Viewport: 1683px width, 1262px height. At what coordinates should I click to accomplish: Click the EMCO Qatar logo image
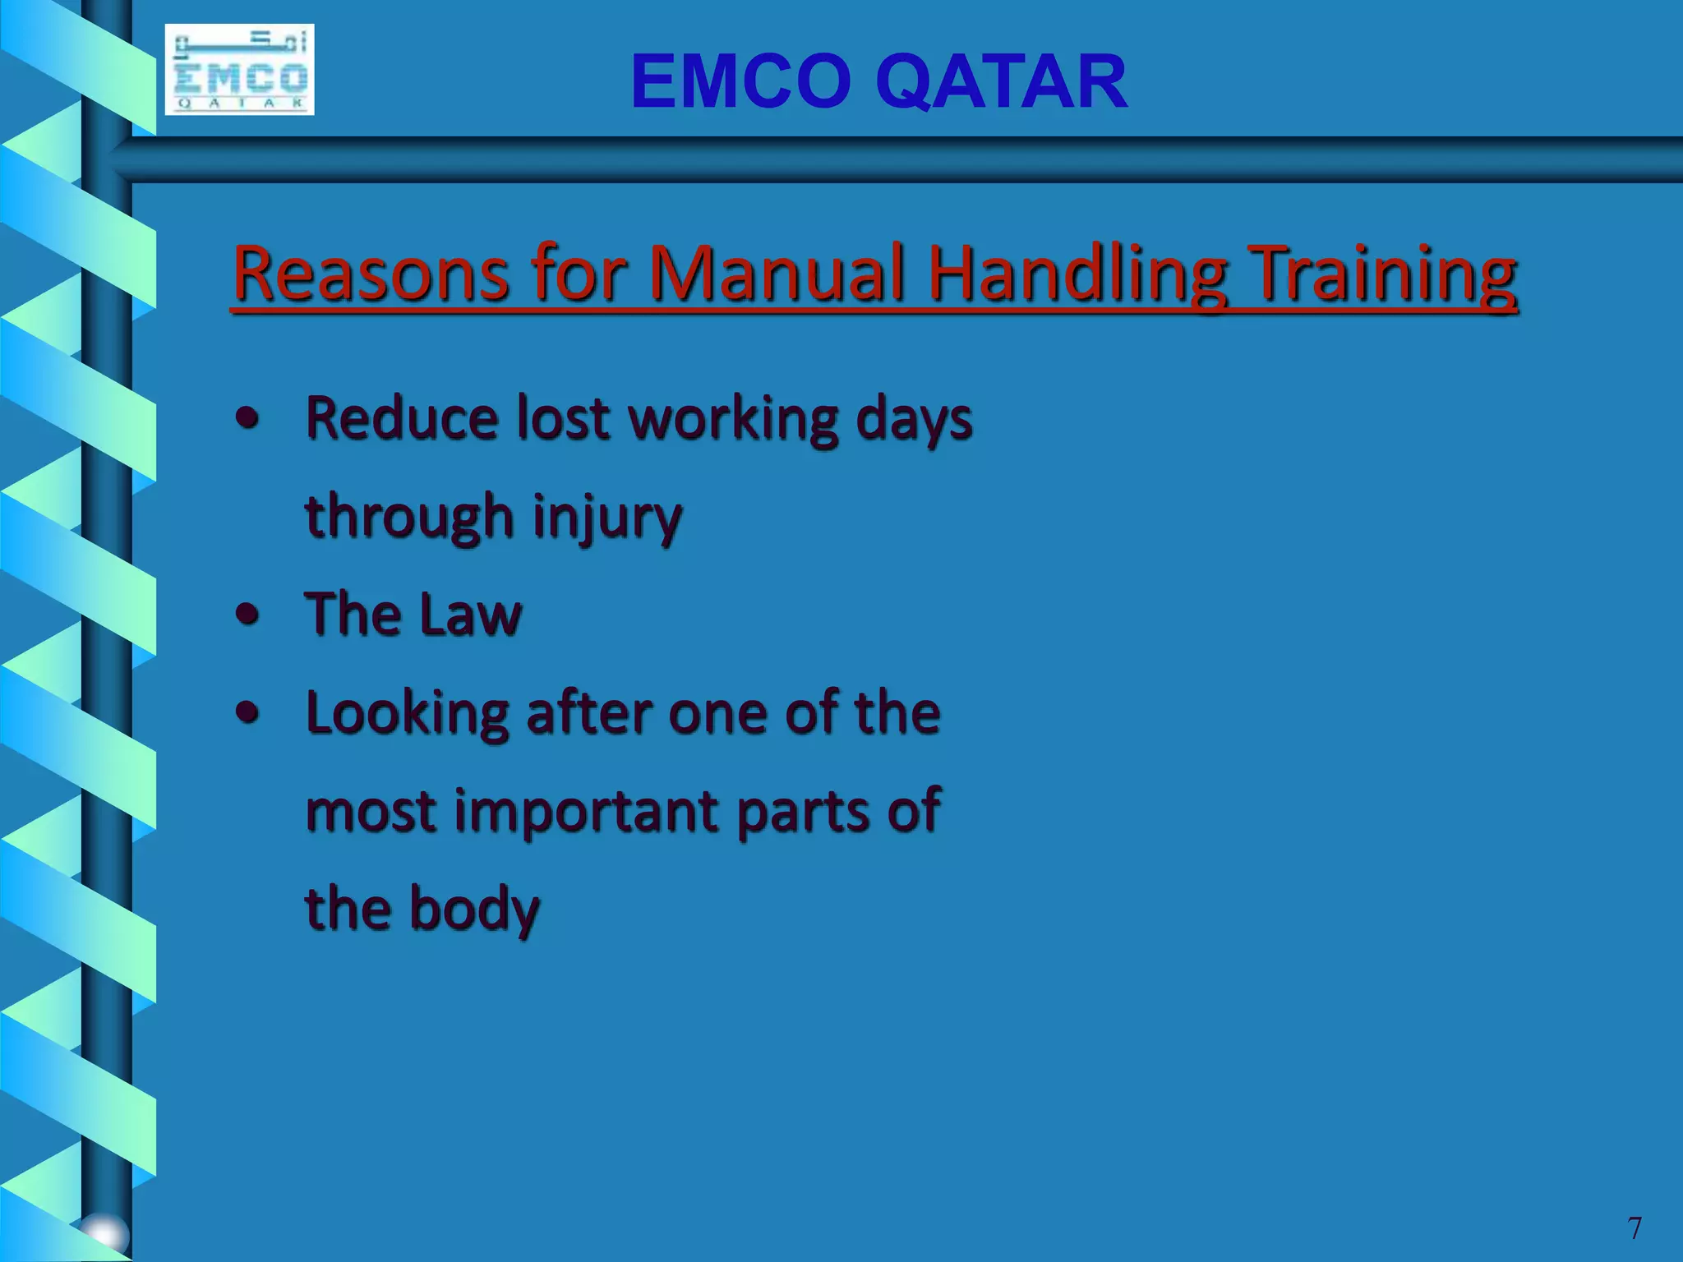pyautogui.click(x=239, y=70)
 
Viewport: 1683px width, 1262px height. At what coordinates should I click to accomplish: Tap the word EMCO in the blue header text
pyautogui.click(x=740, y=81)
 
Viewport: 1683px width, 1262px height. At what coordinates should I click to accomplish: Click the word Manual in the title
pyautogui.click(x=777, y=273)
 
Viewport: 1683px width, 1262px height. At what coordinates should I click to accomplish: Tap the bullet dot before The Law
pyautogui.click(x=247, y=615)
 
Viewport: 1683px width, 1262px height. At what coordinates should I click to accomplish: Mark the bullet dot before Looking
pyautogui.click(x=247, y=712)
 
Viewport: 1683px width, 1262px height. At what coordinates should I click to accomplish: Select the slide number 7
pyautogui.click(x=1634, y=1228)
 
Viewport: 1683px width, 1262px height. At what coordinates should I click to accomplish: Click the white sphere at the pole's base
pyautogui.click(x=105, y=1232)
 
